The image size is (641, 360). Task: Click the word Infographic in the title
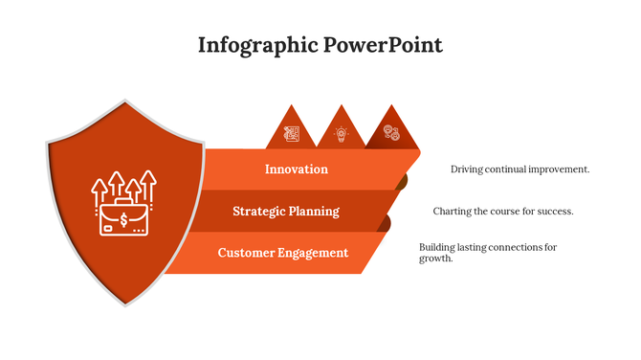coord(255,45)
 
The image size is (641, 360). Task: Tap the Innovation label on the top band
coord(297,169)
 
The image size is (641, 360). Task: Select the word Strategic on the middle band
coord(260,212)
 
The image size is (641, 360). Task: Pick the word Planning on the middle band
coord(315,212)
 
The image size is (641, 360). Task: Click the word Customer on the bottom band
coord(247,253)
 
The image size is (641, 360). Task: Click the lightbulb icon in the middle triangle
coord(340,134)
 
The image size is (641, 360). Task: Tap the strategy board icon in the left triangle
coord(291,134)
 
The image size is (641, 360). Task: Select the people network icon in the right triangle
coord(391,134)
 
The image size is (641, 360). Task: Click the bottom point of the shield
coord(125,304)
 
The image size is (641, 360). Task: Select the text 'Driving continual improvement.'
coord(519,169)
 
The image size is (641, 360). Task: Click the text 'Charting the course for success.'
coord(502,212)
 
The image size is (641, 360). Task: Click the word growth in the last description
coord(435,259)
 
